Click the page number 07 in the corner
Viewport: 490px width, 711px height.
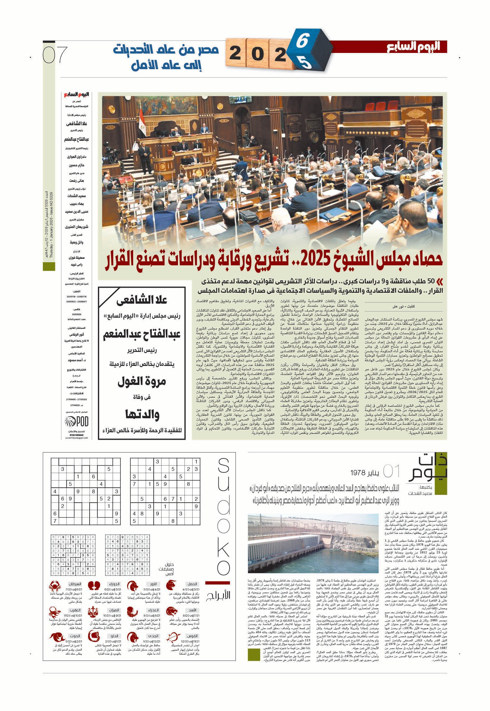click(x=55, y=55)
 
